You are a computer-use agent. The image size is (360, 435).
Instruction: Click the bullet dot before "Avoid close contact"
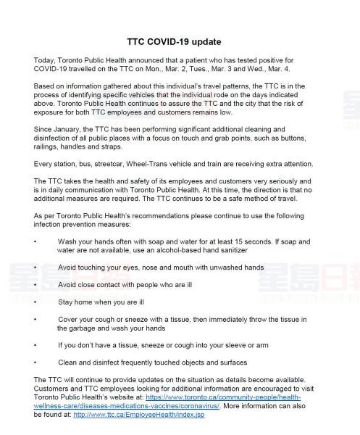[x=35, y=285]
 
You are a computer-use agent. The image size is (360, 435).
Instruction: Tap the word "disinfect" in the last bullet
[x=106, y=362]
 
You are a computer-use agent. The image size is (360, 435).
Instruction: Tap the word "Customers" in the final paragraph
[x=51, y=389]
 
